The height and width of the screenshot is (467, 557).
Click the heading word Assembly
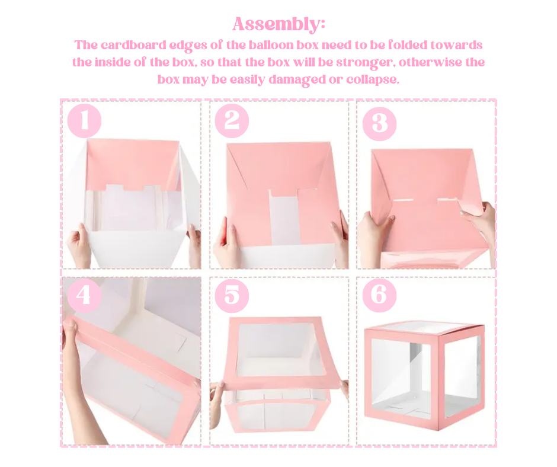click(x=278, y=24)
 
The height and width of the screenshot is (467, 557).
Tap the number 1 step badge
click(x=84, y=121)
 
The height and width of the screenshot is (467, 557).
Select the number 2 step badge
click(x=232, y=121)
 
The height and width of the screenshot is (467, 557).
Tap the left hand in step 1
click(x=79, y=246)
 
